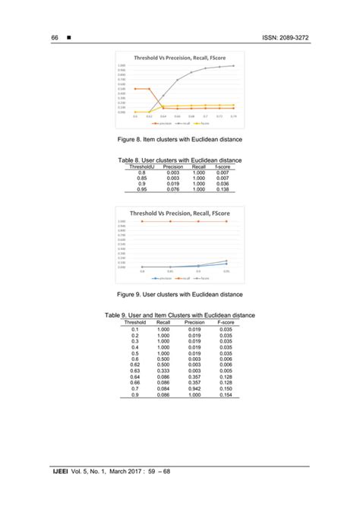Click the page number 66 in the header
[55, 38]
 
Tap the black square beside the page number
[69, 38]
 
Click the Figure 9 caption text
[179, 294]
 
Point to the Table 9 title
[179, 315]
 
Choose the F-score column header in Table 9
[226, 321]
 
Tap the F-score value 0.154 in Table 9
[226, 395]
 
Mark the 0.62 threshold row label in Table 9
[134, 365]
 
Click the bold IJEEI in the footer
[62, 473]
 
